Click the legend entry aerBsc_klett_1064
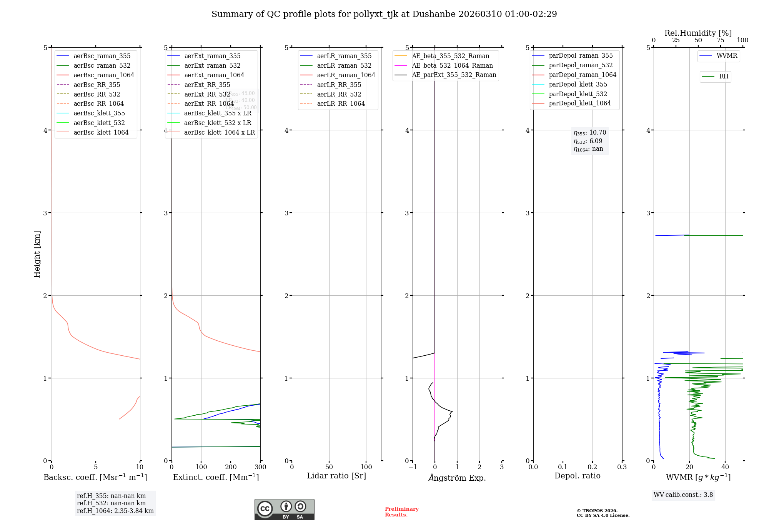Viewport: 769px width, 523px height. coord(101,132)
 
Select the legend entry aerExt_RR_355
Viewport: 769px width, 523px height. coord(207,85)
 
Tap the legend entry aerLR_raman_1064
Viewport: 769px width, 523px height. coord(346,75)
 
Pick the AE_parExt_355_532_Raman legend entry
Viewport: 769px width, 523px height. coord(454,75)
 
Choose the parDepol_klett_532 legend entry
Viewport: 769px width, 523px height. coord(578,94)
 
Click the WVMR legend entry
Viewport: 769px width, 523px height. coord(726,56)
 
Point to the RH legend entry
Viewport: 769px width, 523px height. coord(724,77)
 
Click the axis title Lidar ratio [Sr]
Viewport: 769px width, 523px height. coord(336,476)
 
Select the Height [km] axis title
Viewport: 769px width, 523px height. coord(37,254)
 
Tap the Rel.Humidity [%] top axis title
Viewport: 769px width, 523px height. coord(698,33)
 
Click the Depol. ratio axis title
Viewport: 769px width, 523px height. coord(577,476)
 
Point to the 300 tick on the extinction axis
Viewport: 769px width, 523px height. coord(261,467)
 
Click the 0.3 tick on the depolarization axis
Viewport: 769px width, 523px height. coord(622,467)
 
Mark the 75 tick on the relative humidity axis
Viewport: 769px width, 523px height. coord(721,40)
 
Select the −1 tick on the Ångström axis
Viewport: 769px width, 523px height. coord(412,467)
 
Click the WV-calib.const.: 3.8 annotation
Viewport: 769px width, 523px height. coord(683,495)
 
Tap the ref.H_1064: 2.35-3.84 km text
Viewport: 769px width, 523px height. coord(115,511)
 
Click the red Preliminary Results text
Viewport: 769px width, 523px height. coord(401,512)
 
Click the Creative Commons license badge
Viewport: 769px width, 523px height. coord(284,509)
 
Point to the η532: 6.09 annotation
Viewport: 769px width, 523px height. coord(588,141)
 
